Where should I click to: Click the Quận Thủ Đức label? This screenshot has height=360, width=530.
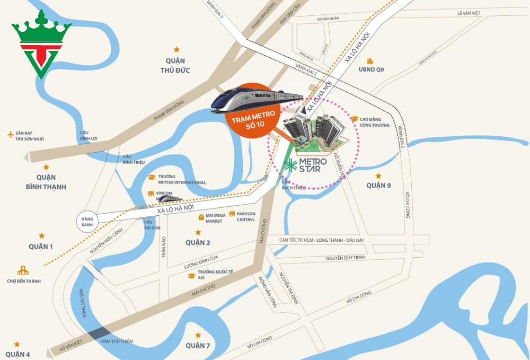click(x=177, y=66)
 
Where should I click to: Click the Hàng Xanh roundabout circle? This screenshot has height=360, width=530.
click(x=87, y=221)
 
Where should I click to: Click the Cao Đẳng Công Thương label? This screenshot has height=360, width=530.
click(x=375, y=122)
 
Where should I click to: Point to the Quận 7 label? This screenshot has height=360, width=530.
click(x=198, y=346)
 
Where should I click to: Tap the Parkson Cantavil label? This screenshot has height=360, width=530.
click(x=246, y=217)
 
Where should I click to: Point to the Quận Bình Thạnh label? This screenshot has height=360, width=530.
click(x=46, y=182)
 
